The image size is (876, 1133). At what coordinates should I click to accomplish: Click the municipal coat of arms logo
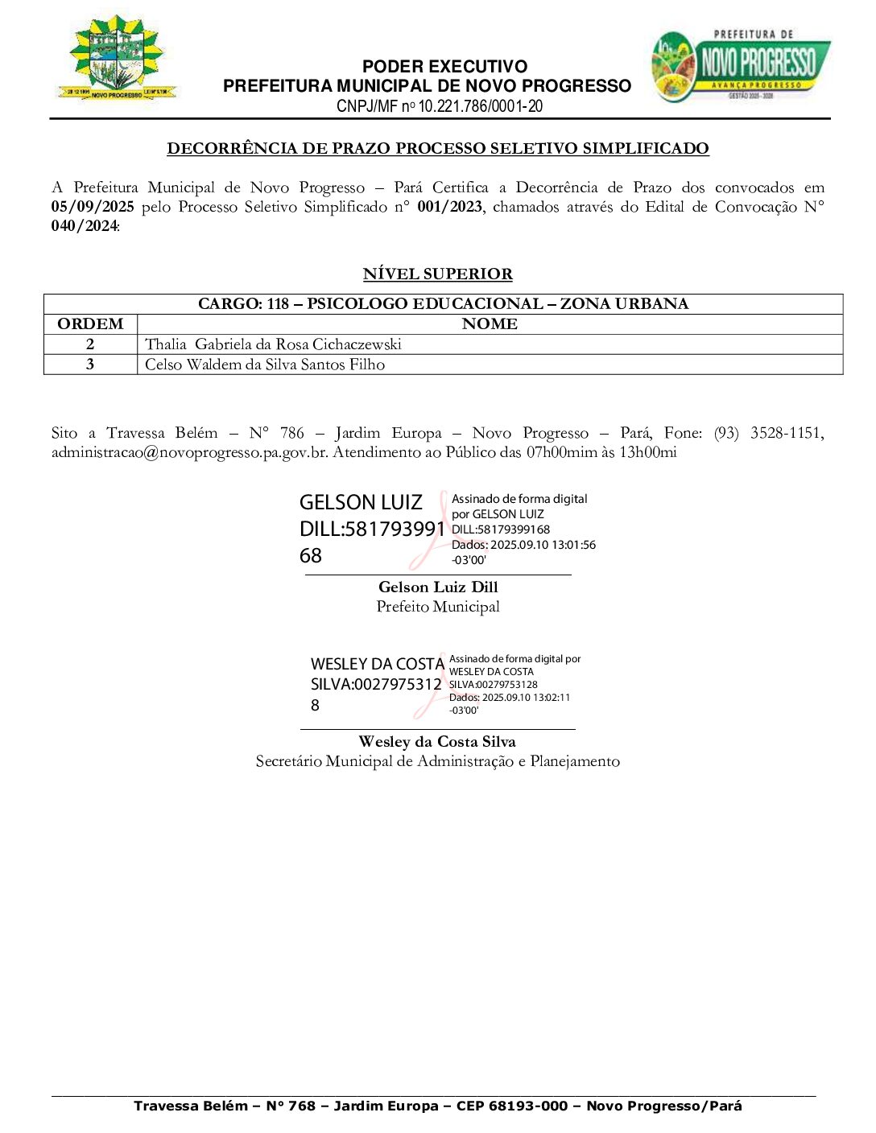[x=118, y=57]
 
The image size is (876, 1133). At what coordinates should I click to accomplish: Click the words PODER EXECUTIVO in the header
[x=444, y=67]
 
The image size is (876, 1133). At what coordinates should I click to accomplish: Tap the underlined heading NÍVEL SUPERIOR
[x=437, y=274]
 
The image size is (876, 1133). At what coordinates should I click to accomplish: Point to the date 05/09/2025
[x=93, y=207]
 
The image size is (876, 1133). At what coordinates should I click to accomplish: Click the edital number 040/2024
[x=85, y=226]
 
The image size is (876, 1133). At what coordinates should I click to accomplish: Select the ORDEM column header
[x=90, y=324]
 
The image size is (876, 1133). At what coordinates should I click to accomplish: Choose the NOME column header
[x=490, y=324]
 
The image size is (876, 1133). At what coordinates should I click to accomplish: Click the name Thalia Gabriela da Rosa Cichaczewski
[x=273, y=344]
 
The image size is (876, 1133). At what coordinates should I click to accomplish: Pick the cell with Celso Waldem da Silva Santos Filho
[x=265, y=365]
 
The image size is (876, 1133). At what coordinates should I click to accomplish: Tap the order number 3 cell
[x=90, y=365]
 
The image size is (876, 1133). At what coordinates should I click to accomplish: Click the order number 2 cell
[x=90, y=344]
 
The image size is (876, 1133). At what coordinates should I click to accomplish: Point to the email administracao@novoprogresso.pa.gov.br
[x=189, y=452]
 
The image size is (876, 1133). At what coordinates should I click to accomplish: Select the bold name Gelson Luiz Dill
[x=438, y=587]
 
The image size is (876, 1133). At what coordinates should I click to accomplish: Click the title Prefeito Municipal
[x=438, y=607]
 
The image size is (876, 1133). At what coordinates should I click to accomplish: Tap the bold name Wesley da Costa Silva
[x=437, y=742]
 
